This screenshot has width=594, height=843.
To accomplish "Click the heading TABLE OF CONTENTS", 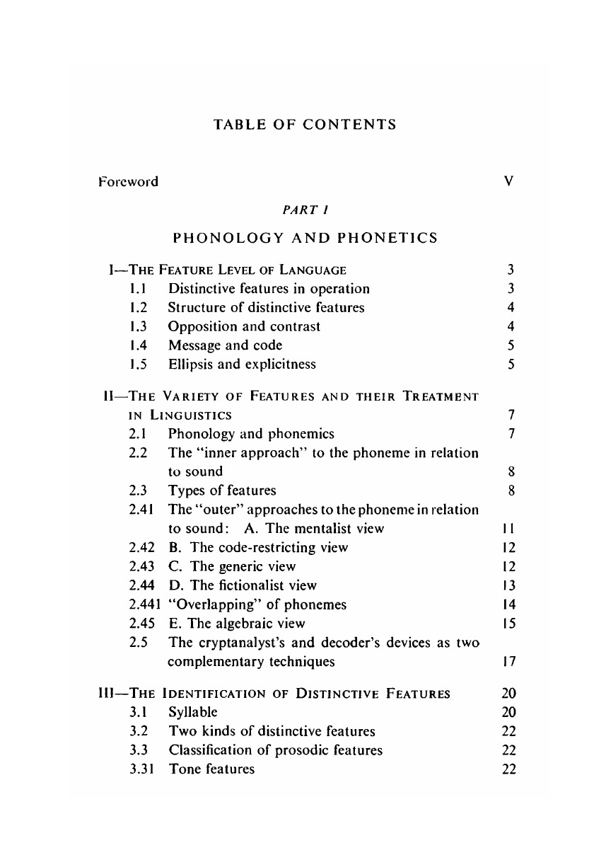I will tap(304, 125).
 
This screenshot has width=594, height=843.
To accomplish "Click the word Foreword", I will tap(128, 181).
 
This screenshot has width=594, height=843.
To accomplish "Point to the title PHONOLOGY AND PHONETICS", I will tap(305, 238).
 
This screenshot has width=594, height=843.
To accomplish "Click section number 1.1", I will tap(138, 289).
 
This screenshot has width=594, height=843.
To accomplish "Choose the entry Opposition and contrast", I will tap(244, 326).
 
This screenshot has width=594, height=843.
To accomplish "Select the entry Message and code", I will tap(225, 345).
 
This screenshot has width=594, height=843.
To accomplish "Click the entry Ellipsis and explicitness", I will tap(242, 365).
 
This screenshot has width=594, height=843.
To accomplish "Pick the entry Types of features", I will tap(222, 490).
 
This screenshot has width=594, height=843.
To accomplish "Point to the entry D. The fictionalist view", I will tap(243, 585).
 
